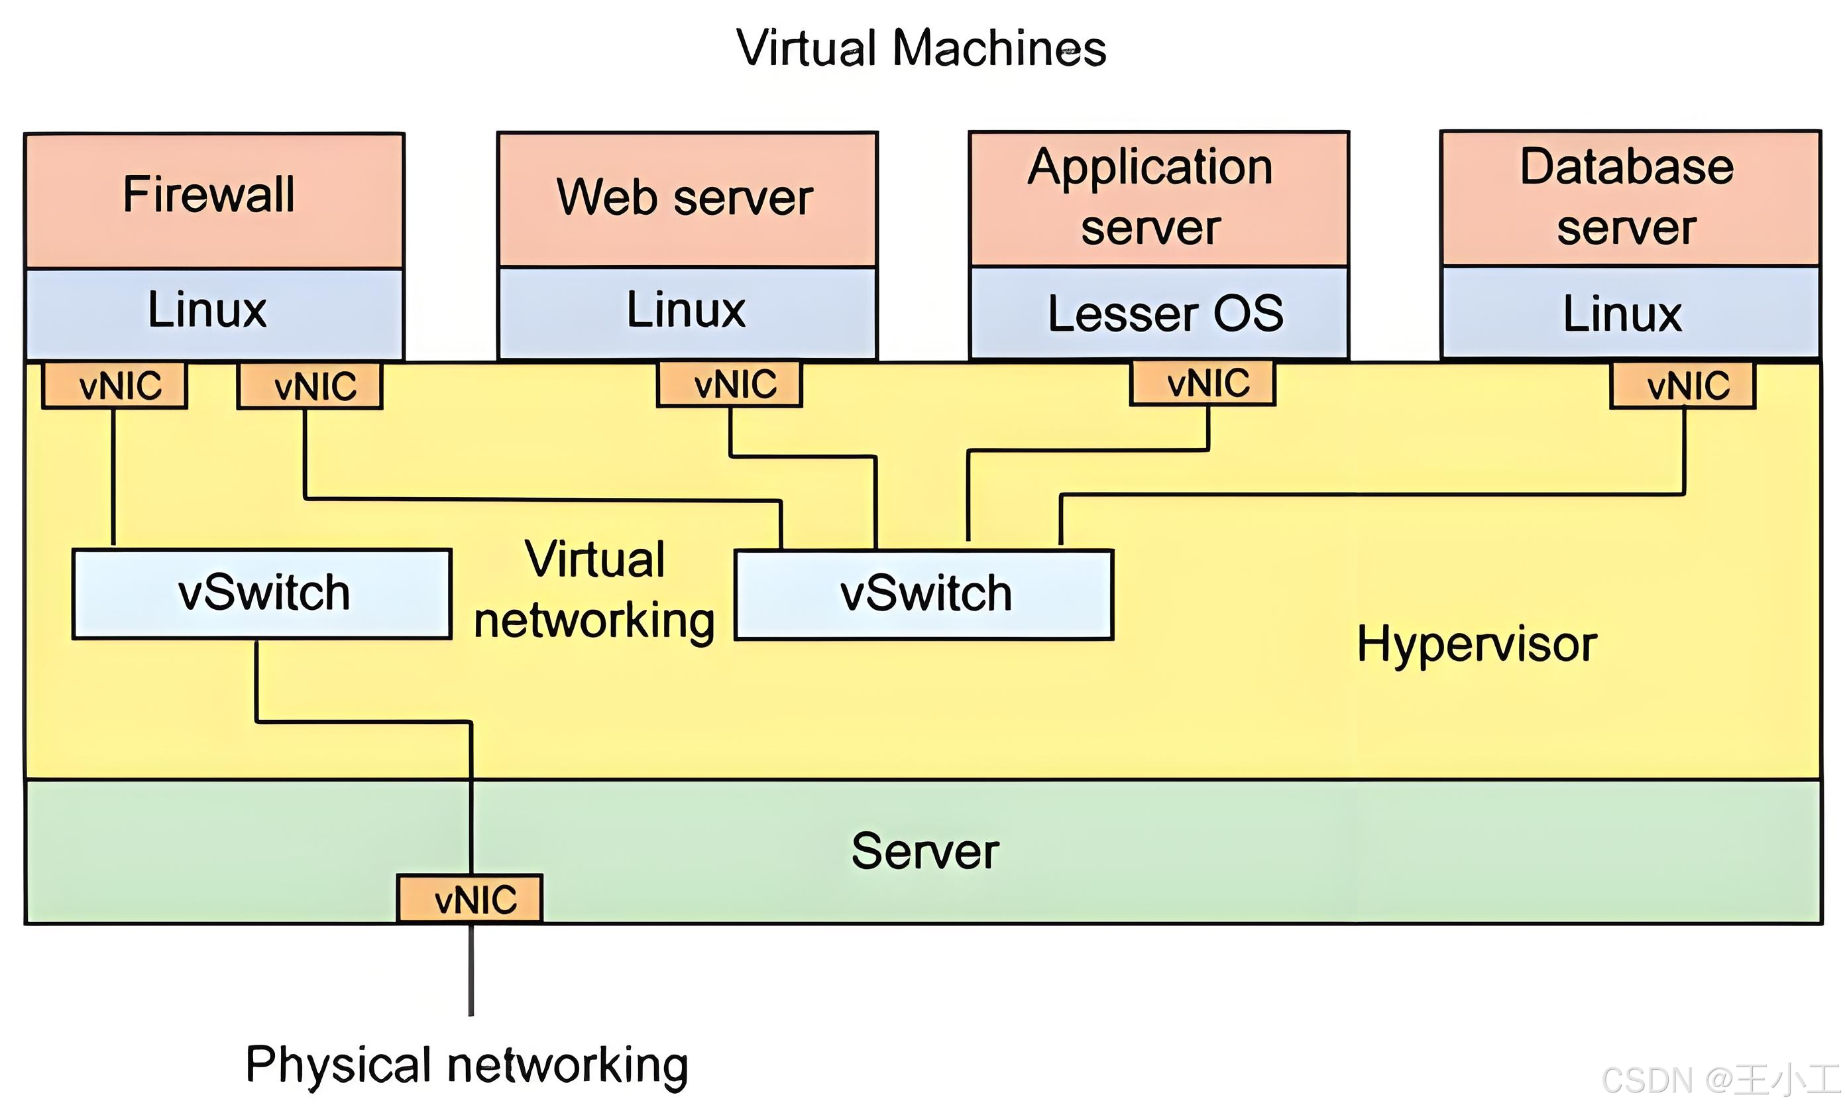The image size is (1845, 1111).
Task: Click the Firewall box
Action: pos(214,199)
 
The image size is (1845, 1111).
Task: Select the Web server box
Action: pos(687,198)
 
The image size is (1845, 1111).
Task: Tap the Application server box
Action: pos(1158,198)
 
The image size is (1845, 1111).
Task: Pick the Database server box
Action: pos(1630,198)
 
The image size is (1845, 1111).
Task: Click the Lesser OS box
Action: pos(1158,313)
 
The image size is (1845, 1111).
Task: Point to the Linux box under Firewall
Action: pos(214,313)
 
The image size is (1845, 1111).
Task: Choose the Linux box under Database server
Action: pos(1630,313)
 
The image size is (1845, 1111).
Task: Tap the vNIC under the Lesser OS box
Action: pos(1203,384)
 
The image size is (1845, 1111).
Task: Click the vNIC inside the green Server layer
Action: pos(470,898)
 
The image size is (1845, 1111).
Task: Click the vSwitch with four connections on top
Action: pos(924,595)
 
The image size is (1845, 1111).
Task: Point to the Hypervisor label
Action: pos(1476,644)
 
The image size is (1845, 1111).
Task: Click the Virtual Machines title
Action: pos(921,48)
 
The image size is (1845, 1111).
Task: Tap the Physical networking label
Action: pos(467,1065)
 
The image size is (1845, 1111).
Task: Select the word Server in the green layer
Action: pos(925,851)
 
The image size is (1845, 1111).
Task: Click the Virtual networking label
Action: pos(594,590)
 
